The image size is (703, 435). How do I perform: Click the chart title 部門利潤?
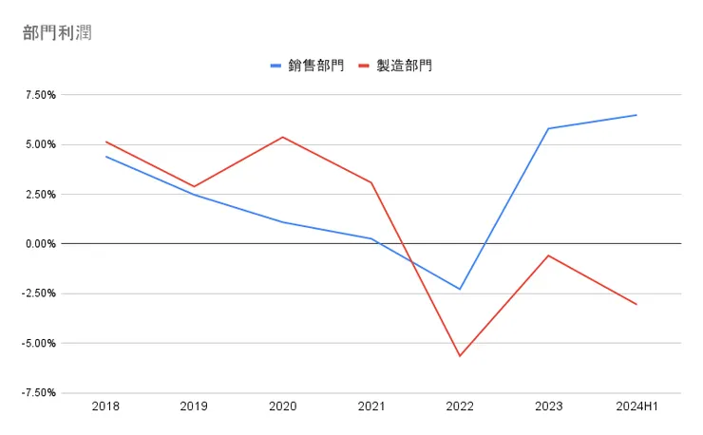57,33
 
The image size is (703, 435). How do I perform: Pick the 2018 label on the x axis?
105,407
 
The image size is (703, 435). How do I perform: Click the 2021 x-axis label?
370,407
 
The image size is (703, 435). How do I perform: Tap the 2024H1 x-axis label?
636,407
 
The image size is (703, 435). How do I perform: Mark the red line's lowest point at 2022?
460,356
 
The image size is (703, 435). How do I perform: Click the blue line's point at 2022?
460,289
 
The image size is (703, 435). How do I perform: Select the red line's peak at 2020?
282,137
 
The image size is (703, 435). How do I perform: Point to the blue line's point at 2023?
548,128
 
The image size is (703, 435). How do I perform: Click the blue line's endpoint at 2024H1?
636,115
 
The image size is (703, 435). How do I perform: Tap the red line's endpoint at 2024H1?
636,305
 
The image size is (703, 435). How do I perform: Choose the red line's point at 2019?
194,186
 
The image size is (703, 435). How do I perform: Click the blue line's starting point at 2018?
105,157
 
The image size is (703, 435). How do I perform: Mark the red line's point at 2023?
548,255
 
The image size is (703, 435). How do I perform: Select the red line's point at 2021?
370,182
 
